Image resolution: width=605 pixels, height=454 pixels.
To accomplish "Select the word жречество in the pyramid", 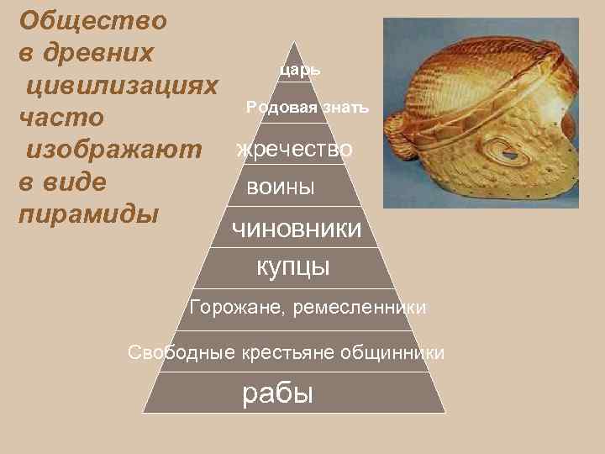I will click(x=295, y=149).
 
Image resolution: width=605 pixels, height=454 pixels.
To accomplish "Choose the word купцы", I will click(x=292, y=267).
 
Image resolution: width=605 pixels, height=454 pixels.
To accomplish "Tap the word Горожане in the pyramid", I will click(x=237, y=308).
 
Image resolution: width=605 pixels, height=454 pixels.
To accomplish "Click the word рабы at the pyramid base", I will click(x=277, y=393).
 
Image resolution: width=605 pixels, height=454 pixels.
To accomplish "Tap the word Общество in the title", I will click(x=92, y=19).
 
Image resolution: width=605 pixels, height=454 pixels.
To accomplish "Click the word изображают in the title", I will click(x=115, y=150).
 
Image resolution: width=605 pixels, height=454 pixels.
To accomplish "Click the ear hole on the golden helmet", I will click(x=508, y=155).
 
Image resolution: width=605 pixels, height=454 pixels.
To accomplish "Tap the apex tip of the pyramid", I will click(x=294, y=43).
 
